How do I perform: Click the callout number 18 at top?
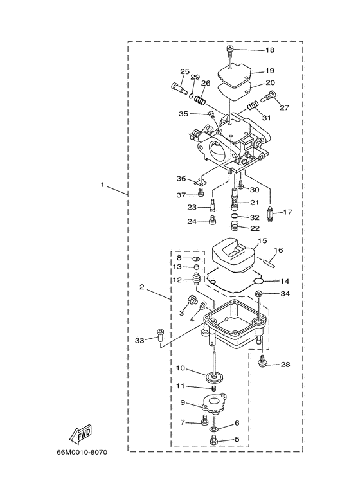click(269, 50)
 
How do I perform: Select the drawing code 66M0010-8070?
click(81, 470)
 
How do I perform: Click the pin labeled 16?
click(273, 261)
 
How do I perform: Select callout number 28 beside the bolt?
click(285, 365)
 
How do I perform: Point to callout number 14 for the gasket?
click(285, 281)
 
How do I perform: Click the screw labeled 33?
click(160, 334)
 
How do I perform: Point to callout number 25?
click(184, 71)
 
